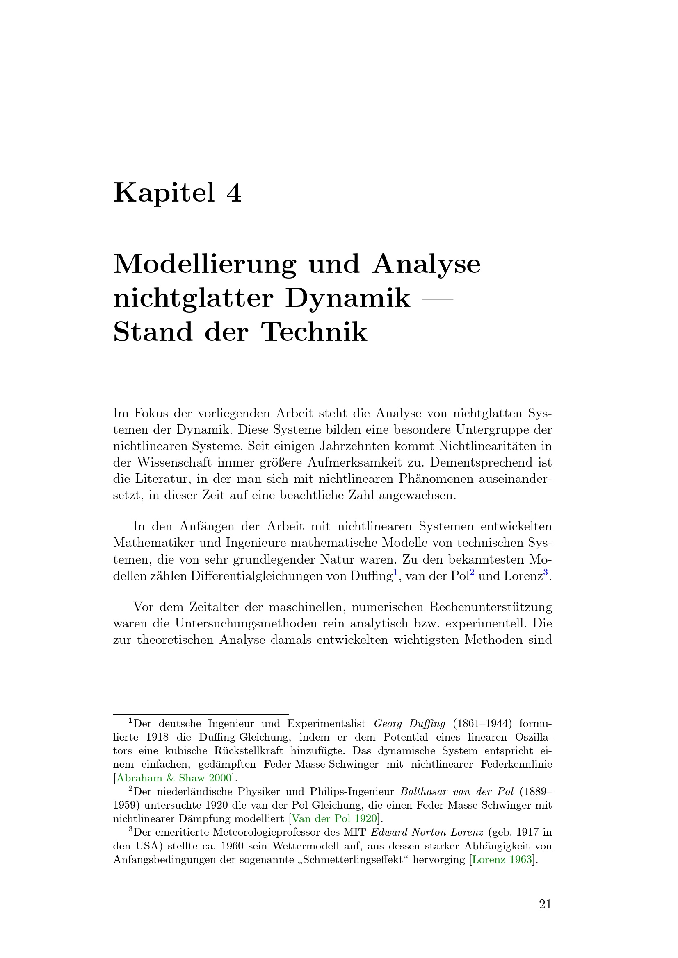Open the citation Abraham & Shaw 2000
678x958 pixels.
click(x=174, y=778)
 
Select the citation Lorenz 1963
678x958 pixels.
click(x=502, y=859)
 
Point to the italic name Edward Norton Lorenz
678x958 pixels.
click(x=427, y=832)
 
